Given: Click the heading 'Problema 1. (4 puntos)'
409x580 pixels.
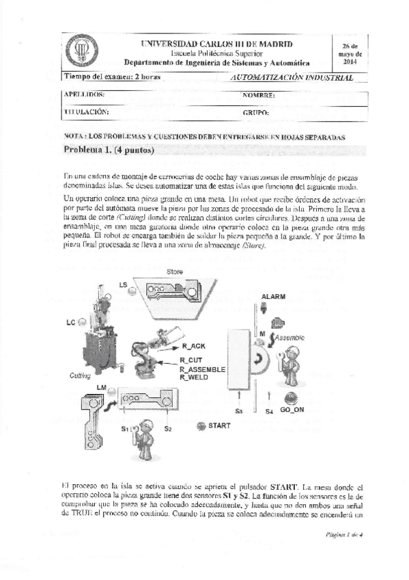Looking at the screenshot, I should tap(109, 149).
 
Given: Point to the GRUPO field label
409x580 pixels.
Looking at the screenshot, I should tap(255, 111).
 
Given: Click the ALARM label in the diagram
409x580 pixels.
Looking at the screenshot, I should tap(273, 296).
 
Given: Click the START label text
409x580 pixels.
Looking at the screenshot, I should tap(219, 425).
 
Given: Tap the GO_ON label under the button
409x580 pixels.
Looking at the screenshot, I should tap(292, 412).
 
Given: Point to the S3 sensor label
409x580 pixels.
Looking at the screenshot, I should tap(238, 412).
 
